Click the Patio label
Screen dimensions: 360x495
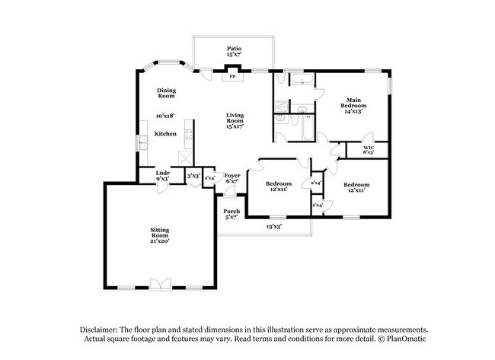(232, 48)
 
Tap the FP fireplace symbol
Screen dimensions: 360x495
(232, 76)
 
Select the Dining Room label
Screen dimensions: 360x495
(167, 93)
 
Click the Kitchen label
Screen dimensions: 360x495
(166, 134)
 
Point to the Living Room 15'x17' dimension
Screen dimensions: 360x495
(235, 126)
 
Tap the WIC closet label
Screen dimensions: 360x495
(369, 147)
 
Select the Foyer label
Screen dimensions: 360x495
(232, 176)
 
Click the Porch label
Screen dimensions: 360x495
(232, 211)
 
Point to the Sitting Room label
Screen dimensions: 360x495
(159, 233)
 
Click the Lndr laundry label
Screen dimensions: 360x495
(162, 174)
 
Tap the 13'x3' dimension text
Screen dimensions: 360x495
(275, 226)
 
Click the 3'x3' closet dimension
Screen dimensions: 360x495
(193, 176)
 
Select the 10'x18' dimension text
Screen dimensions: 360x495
(166, 116)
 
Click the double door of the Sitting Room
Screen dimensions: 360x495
(160, 284)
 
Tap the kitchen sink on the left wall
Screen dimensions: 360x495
(142, 142)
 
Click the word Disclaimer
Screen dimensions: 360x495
(101, 329)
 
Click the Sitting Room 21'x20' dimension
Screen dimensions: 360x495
(159, 241)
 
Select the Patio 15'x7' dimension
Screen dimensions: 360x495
(232, 55)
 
